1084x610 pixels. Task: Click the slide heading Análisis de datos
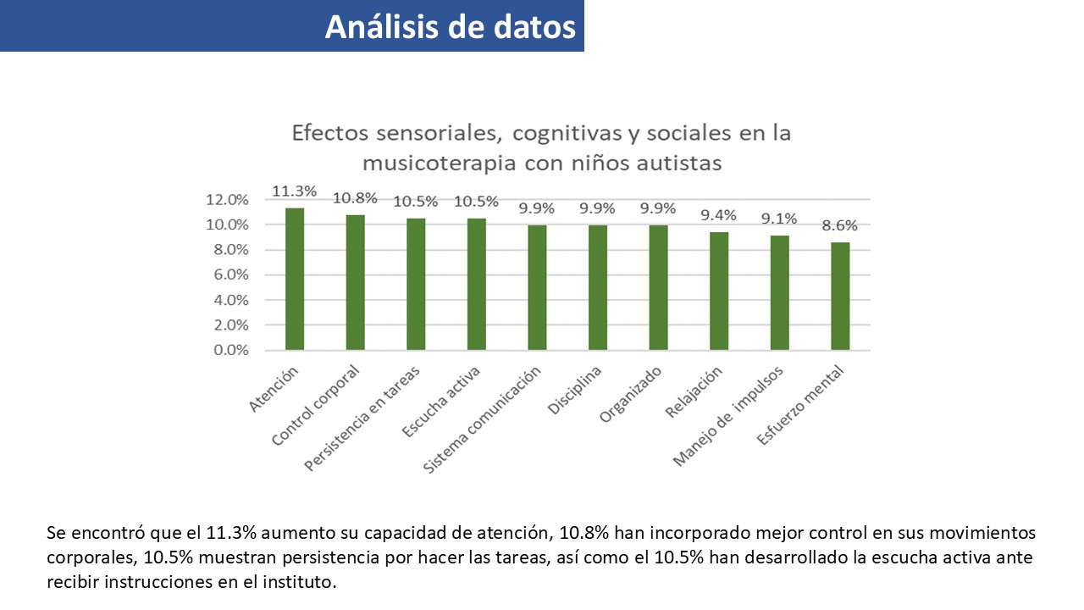pyautogui.click(x=450, y=27)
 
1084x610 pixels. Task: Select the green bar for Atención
pyautogui.click(x=295, y=279)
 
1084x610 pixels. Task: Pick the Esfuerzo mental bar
pyautogui.click(x=840, y=296)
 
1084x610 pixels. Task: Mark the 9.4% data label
pyautogui.click(x=718, y=215)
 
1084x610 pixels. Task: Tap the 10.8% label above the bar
pyautogui.click(x=355, y=198)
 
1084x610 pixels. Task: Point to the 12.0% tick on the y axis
pyautogui.click(x=227, y=200)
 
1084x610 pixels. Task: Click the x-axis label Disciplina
pyautogui.click(x=576, y=391)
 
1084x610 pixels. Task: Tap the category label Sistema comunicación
pyautogui.click(x=483, y=421)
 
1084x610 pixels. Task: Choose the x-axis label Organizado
pyautogui.click(x=632, y=394)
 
